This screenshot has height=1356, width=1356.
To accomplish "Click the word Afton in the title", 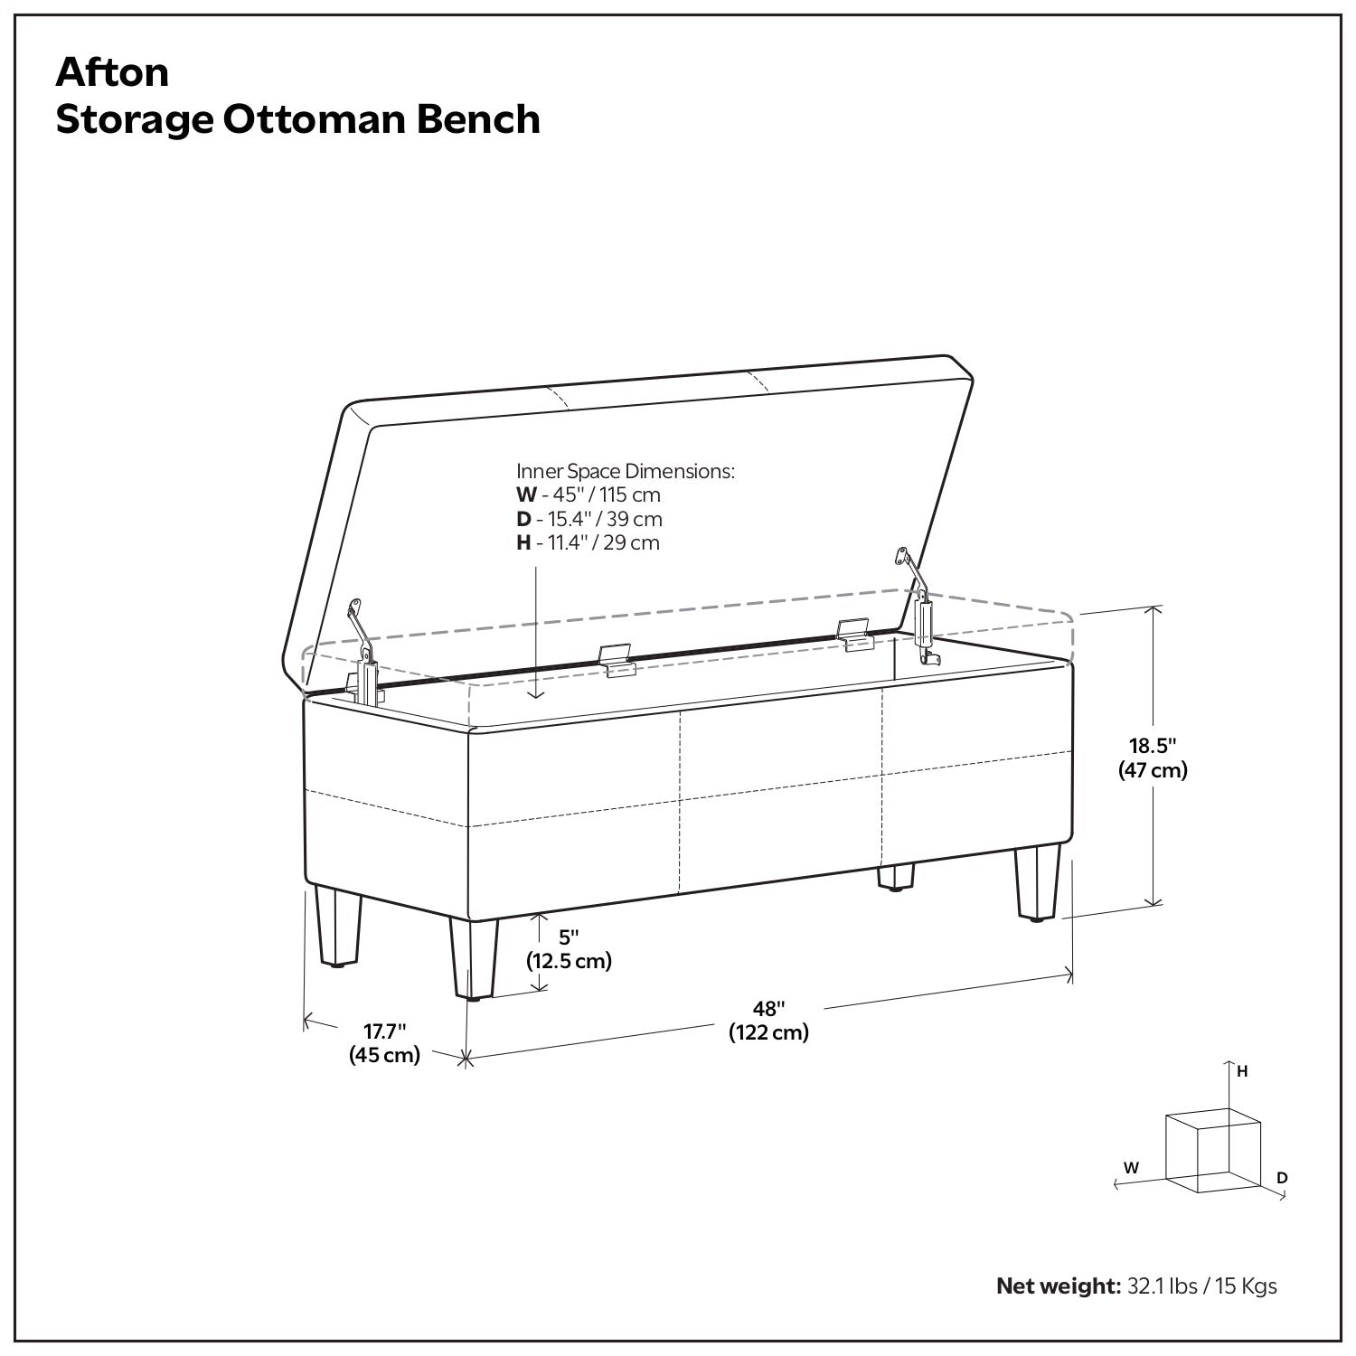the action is point(112,72).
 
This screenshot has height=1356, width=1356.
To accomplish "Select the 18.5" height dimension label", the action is point(1153,746).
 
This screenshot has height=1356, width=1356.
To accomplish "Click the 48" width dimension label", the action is point(769,1008).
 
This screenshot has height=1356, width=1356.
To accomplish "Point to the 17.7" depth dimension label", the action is point(385,1031).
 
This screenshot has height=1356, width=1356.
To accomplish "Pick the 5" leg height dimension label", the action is point(569,937).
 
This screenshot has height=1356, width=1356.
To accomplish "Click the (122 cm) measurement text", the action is point(769,1032).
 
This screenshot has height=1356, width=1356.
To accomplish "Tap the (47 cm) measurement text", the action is point(1153,770).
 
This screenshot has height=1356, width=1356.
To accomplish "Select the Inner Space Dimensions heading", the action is point(626,471).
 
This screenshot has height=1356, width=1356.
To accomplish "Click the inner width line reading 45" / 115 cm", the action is point(589,495).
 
